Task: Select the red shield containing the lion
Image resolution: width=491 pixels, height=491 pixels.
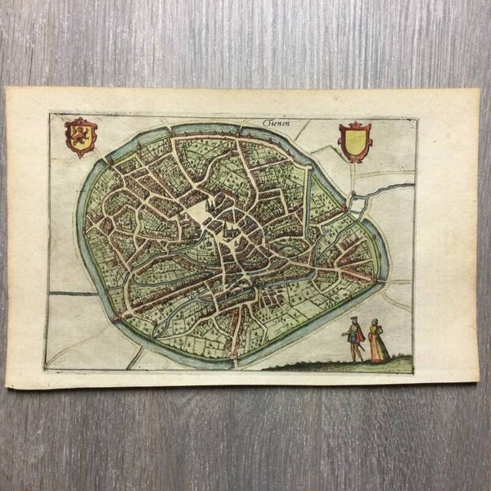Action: pos(81,137)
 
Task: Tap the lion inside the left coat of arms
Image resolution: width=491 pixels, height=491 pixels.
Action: pos(81,135)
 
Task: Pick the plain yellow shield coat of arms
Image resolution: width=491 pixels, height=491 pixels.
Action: pos(355,142)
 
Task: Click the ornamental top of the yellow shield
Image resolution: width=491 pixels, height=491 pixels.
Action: pos(355,126)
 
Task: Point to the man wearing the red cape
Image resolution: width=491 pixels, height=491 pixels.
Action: pos(354,337)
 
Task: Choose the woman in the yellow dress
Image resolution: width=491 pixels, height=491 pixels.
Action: pos(377,342)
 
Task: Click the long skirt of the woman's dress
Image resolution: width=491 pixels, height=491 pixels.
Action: pos(378,350)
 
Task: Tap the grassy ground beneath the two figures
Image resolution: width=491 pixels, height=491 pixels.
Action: pos(344,365)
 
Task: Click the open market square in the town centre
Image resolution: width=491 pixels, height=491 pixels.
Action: pos(196,216)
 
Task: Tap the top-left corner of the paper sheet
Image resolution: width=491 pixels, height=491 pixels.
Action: pos(7,90)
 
